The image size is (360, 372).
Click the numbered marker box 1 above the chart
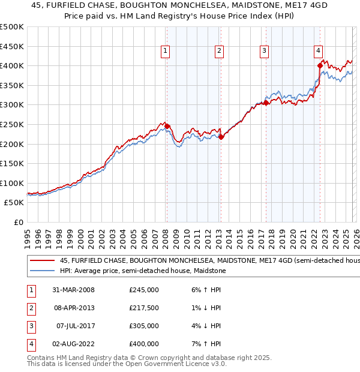165,52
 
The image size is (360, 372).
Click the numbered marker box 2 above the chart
220,52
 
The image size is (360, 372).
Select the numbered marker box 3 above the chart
264,52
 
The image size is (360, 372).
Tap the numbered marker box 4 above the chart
318,52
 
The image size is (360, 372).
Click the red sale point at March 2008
167,126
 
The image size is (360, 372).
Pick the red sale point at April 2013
221,137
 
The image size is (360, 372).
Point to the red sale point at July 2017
266,103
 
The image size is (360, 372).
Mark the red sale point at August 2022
320,65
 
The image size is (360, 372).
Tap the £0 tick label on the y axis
19,222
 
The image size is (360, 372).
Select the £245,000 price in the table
144,290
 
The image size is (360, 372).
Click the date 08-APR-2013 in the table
74,308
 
